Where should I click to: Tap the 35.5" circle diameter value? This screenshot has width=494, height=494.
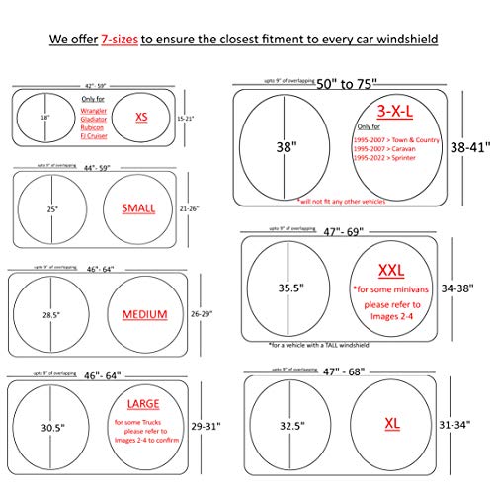pyautogui.click(x=289, y=289)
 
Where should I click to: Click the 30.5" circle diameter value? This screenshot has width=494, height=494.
pyautogui.click(x=54, y=427)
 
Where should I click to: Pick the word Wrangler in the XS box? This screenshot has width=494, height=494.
pyautogui.click(x=87, y=110)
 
